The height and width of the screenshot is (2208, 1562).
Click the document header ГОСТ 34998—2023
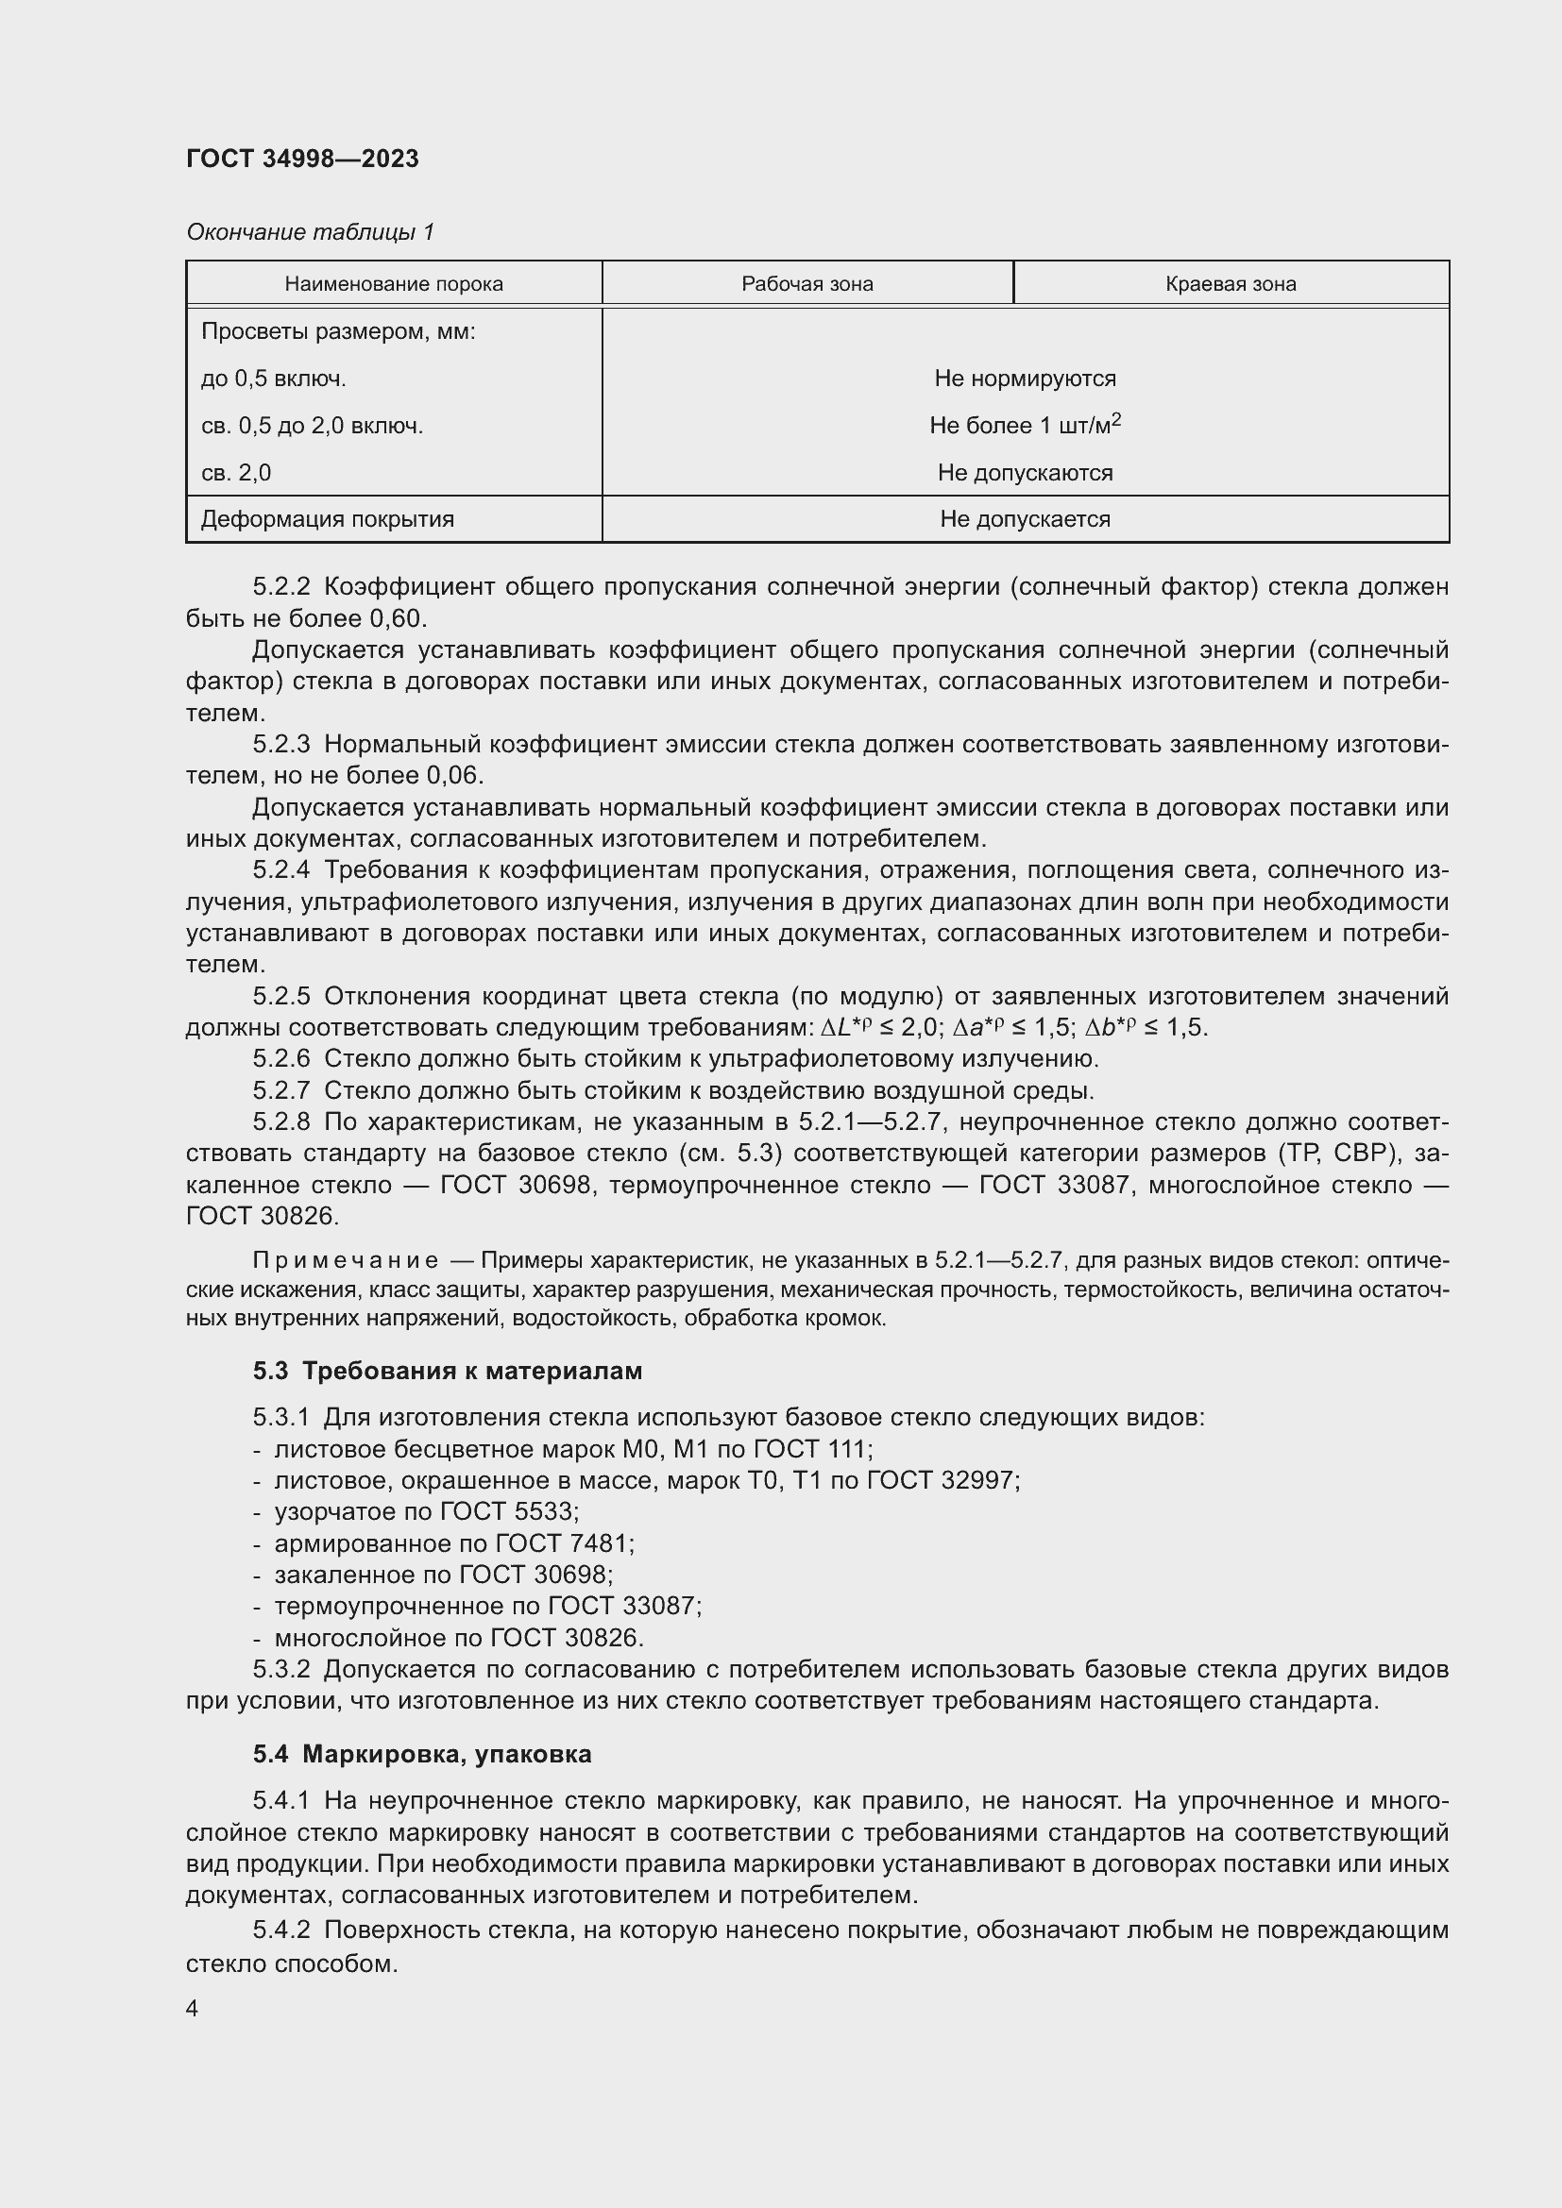coord(302,159)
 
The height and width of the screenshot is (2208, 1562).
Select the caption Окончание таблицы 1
coord(310,232)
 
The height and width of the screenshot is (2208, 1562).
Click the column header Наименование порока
coord(394,284)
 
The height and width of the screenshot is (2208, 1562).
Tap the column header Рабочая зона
coord(806,284)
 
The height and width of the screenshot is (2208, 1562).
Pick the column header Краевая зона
coord(1231,284)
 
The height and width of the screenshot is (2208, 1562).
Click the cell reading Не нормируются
coord(1025,378)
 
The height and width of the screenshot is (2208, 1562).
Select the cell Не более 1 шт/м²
coord(1025,425)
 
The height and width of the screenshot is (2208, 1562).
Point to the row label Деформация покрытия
coord(327,519)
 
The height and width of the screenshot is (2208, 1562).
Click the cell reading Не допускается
coord(1025,519)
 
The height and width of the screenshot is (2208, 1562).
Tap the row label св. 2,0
coord(237,472)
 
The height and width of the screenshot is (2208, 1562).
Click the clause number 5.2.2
coord(280,586)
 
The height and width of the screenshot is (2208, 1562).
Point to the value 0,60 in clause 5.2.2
coord(399,618)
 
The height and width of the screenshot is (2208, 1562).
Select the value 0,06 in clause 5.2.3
coord(455,775)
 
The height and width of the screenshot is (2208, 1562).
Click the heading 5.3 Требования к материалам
coord(448,1371)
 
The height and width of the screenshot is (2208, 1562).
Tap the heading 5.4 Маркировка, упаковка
coord(422,1754)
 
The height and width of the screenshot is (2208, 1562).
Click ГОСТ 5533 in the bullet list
coord(509,1511)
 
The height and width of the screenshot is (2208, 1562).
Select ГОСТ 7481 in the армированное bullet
coord(565,1543)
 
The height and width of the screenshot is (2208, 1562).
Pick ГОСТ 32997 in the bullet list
coord(942,1480)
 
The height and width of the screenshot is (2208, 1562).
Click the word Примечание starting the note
coord(346,1261)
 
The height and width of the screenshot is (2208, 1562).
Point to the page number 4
coord(193,2009)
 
